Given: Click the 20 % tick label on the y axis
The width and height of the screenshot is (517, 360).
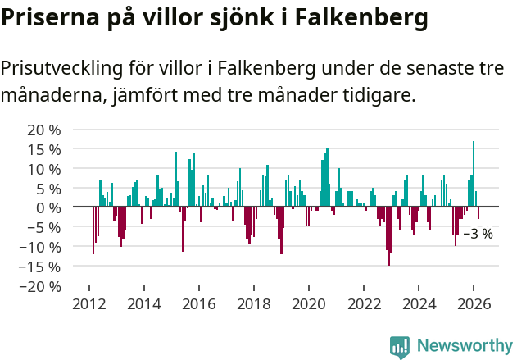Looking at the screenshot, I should [44, 130].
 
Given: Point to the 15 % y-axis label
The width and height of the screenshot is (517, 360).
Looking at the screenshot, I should [44, 149].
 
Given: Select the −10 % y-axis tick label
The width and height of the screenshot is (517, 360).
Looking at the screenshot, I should [41, 247].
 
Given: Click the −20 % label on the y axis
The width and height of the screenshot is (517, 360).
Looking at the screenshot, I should [41, 286].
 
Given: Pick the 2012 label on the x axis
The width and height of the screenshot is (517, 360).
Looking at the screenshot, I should [88, 303].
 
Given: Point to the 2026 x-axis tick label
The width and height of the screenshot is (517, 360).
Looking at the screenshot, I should [474, 303].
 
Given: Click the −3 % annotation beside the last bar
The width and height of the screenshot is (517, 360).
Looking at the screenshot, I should [478, 234].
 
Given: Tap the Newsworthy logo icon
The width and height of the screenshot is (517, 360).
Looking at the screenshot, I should [400, 346].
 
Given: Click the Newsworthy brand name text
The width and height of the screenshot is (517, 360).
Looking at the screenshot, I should [464, 346].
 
